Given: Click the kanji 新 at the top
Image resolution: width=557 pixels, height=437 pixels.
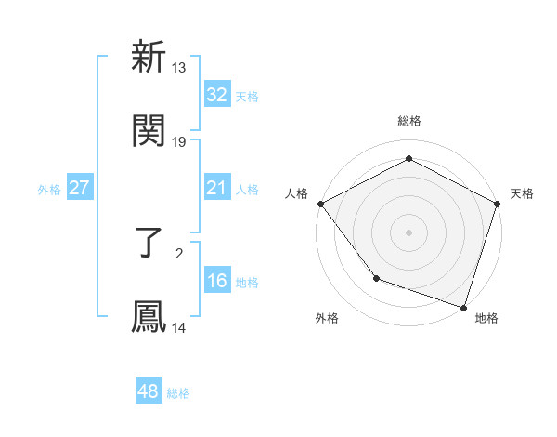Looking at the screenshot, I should pyautogui.click(x=149, y=58).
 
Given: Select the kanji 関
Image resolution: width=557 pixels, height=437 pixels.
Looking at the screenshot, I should pyautogui.click(x=149, y=131).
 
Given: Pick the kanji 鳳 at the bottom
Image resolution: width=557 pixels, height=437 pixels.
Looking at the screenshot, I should pyautogui.click(x=149, y=317).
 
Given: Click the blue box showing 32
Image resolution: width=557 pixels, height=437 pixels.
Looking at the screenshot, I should pyautogui.click(x=217, y=95).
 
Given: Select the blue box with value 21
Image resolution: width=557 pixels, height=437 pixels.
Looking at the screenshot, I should pyautogui.click(x=217, y=188).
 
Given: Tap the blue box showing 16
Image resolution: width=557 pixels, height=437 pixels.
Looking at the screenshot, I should pyautogui.click(x=217, y=281).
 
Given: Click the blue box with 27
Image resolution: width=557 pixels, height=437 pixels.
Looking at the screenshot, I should pyautogui.click(x=80, y=188).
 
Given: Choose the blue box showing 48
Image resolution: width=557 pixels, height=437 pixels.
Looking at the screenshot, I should pyautogui.click(x=149, y=391).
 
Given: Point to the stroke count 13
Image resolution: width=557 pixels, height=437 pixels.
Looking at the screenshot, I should pyautogui.click(x=179, y=68).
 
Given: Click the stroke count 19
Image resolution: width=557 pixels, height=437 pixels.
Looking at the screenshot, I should pyautogui.click(x=179, y=142).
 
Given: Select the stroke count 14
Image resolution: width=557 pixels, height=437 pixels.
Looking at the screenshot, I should pyautogui.click(x=179, y=328).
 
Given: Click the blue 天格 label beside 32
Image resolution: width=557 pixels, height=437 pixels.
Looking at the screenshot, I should pyautogui.click(x=247, y=96).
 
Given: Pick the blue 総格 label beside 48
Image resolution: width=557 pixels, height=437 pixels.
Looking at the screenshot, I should pyautogui.click(x=178, y=392).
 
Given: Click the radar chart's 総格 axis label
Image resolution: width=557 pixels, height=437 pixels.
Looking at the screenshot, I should pyautogui.click(x=408, y=121).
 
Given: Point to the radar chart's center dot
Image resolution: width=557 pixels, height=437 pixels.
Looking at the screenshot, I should pyautogui.click(x=408, y=232).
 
